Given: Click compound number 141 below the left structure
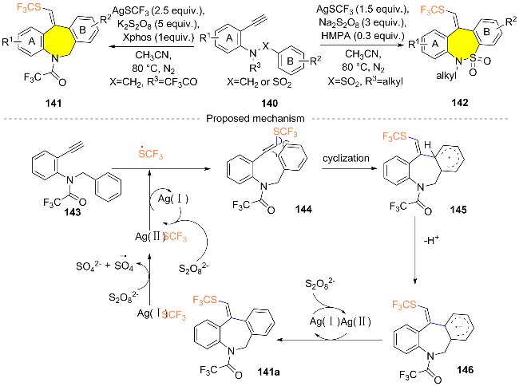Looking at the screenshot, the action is pyautogui.click(x=53, y=103).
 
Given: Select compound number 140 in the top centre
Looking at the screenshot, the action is pyautogui.click(x=269, y=104).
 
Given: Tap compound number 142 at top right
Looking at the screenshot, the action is pyautogui.click(x=460, y=102).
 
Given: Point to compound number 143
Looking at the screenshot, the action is pyautogui.click(x=73, y=212).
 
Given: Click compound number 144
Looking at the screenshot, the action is pyautogui.click(x=303, y=209).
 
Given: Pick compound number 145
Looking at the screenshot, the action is pyautogui.click(x=458, y=210).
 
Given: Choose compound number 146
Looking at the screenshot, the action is pyautogui.click(x=465, y=370).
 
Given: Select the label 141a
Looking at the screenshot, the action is pyautogui.click(x=268, y=372).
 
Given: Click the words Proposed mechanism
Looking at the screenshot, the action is pyautogui.click(x=256, y=118).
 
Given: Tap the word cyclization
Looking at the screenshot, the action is pyautogui.click(x=346, y=158).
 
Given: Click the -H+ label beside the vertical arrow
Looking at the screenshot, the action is pyautogui.click(x=431, y=240).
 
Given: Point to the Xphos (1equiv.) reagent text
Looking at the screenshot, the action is pyautogui.click(x=159, y=37).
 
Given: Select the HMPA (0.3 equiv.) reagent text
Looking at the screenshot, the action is pyautogui.click(x=363, y=35).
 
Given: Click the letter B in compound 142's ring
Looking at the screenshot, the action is pyautogui.click(x=486, y=31).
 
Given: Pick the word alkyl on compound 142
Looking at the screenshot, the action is pyautogui.click(x=446, y=76).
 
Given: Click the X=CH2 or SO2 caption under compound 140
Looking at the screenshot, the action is pyautogui.click(x=259, y=82).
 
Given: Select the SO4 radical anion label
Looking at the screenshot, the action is pyautogui.click(x=124, y=265).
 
